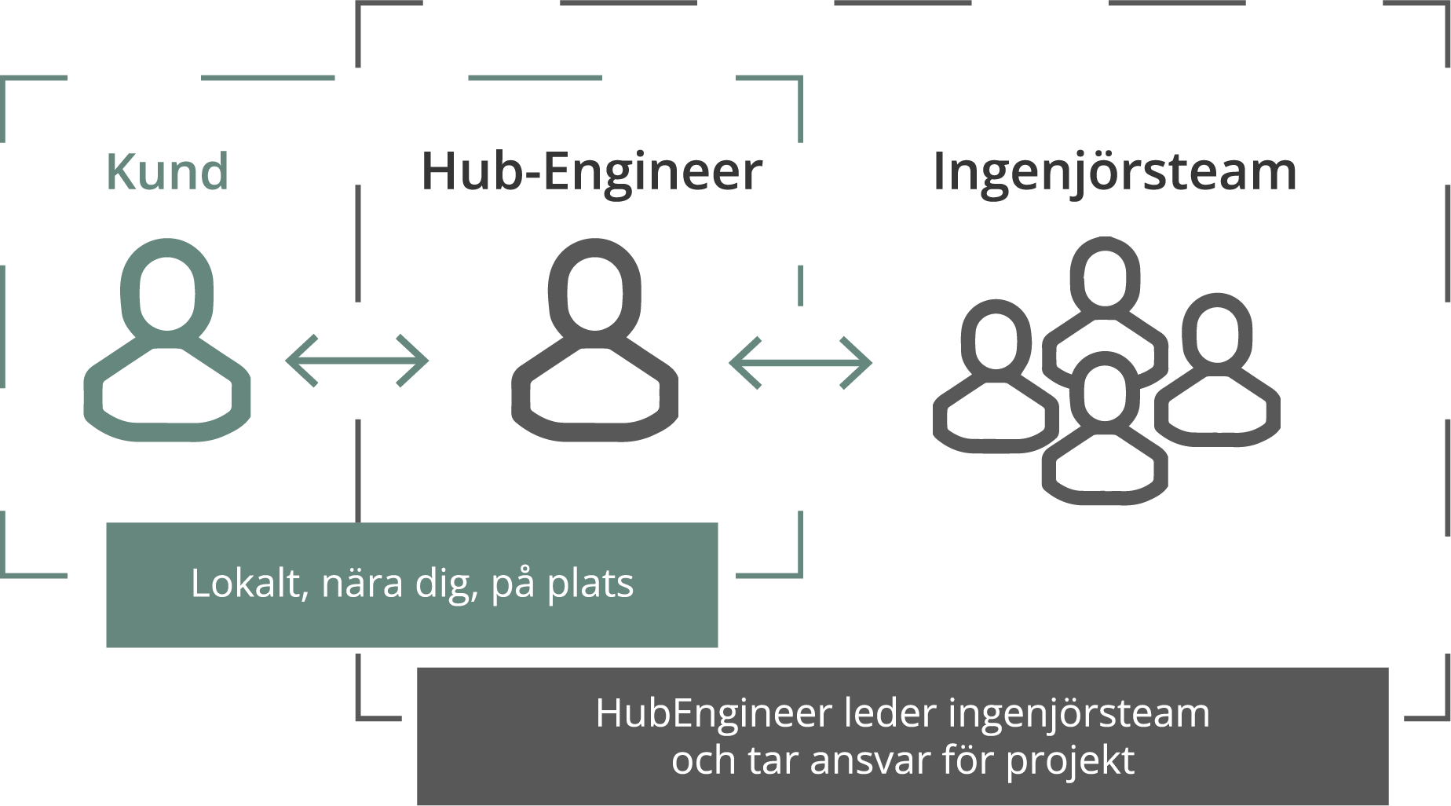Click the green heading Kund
167,171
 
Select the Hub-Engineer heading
592,173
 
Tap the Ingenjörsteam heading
1114,173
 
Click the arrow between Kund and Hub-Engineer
357,361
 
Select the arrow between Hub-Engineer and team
801,363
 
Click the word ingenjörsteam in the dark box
1079,714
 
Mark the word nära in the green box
362,584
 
